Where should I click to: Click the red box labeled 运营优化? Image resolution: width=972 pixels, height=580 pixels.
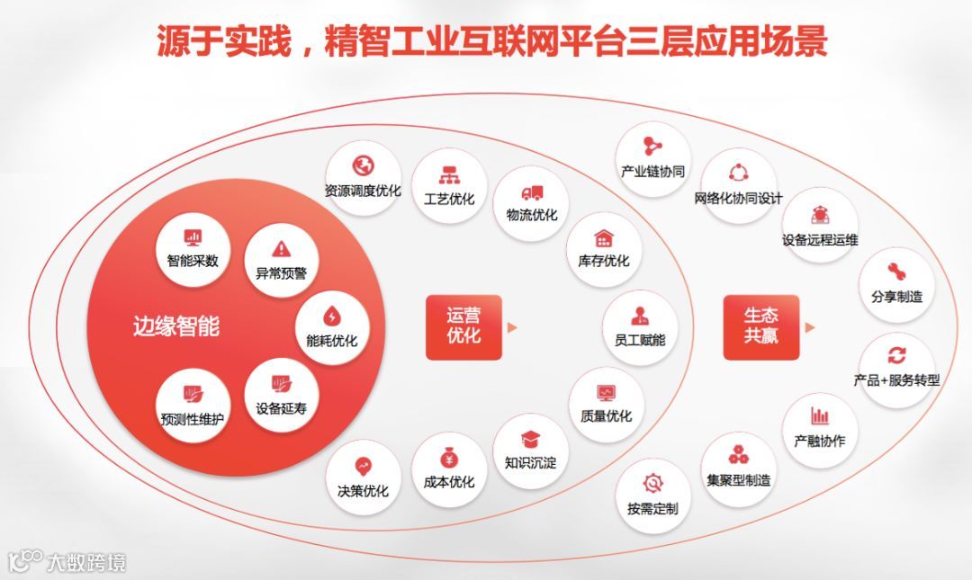[x=463, y=327]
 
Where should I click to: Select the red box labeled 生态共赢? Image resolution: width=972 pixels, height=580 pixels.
[x=760, y=327]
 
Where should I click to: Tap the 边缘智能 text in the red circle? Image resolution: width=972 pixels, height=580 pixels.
[x=176, y=326]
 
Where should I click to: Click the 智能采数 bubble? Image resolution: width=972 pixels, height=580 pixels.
[x=193, y=247]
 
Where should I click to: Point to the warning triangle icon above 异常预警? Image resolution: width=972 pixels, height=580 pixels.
[x=281, y=248]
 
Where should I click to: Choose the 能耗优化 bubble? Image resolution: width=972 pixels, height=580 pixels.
[x=332, y=326]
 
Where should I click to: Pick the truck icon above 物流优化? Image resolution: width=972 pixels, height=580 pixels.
[x=532, y=192]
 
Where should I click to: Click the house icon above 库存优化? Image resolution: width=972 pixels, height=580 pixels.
[x=604, y=238]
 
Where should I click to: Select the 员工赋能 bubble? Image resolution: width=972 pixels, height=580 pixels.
[x=640, y=326]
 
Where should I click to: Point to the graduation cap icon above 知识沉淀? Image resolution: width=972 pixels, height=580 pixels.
[x=531, y=439]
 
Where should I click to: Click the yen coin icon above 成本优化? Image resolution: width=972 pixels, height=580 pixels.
[x=449, y=458]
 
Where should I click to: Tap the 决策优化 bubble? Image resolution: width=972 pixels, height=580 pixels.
[x=363, y=477]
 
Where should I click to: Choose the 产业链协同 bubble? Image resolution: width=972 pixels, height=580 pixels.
[x=653, y=158]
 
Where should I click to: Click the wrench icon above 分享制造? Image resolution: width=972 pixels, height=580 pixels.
[x=896, y=272]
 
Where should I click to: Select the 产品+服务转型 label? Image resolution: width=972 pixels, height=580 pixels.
[x=896, y=380]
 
